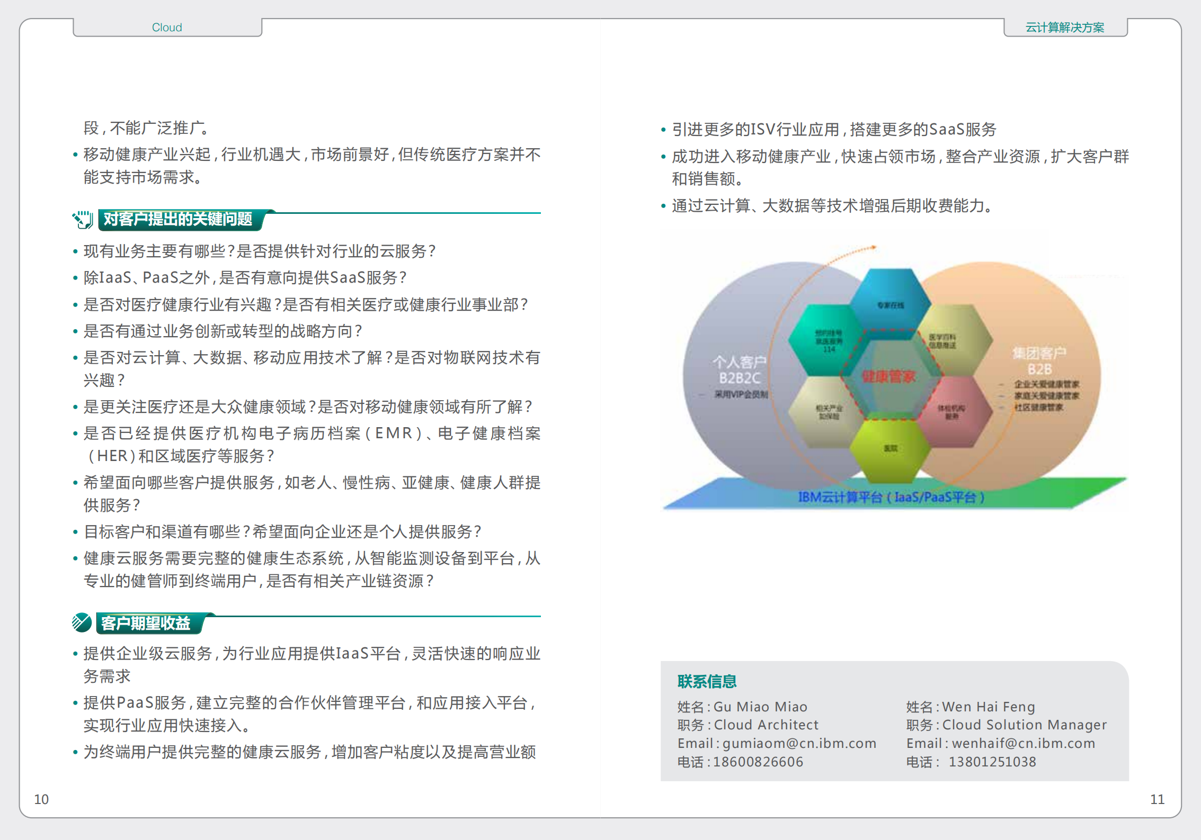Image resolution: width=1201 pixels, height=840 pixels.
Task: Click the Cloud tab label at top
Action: point(167,28)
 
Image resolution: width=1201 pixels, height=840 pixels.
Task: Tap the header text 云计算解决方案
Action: point(1065,28)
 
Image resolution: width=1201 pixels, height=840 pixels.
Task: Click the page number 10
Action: point(41,799)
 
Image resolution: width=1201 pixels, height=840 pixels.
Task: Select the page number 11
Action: point(1157,799)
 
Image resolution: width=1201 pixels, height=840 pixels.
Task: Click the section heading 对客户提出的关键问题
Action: point(178,219)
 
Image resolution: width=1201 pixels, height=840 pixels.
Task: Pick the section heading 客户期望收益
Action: point(146,623)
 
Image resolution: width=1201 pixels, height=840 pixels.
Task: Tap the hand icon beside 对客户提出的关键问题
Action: point(83,219)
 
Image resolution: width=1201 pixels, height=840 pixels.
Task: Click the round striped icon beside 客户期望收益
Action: point(82,622)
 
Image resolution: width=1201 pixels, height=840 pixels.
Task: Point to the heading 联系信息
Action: point(707,681)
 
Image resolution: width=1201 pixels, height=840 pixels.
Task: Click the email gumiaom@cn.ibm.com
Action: point(799,743)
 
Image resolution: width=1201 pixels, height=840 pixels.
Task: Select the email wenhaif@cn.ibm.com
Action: point(1023,743)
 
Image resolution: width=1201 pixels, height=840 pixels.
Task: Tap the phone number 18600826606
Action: point(758,762)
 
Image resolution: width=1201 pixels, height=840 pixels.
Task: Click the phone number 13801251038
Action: point(992,762)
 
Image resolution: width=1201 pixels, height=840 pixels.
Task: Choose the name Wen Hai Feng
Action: point(989,707)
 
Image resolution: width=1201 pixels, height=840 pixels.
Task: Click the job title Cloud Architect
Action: point(766,725)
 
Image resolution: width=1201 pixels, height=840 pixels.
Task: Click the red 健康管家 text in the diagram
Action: point(888,376)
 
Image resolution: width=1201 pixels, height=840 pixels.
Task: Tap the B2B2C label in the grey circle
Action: point(740,378)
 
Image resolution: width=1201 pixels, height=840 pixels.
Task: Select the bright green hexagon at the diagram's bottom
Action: point(890,449)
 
